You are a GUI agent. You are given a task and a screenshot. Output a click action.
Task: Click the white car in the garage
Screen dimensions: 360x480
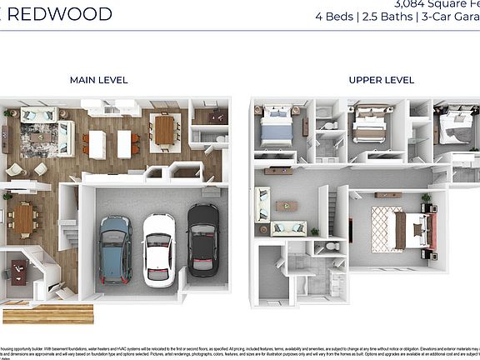coord(158,249)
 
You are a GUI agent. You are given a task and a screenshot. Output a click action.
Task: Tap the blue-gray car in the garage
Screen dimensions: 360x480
coord(115,249)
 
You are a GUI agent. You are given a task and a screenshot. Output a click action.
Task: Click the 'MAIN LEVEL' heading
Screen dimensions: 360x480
coord(98,80)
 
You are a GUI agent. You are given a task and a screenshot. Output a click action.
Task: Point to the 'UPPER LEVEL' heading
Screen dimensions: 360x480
coord(381,80)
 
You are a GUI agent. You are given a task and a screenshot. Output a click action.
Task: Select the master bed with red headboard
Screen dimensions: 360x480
coord(417,229)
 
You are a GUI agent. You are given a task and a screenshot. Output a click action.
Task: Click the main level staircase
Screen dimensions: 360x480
coord(68,225)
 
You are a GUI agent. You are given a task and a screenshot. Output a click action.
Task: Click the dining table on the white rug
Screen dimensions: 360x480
coord(164,130)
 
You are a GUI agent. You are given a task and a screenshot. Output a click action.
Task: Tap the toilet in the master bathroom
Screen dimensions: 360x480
coord(332,247)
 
